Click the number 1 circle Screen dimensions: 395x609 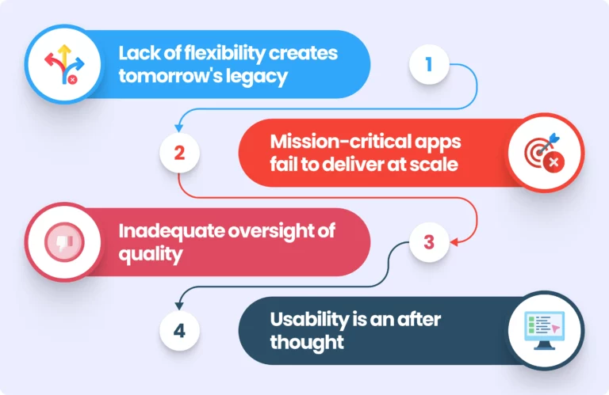[x=429, y=65]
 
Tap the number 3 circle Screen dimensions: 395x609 [x=429, y=242]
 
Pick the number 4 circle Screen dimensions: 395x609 [x=179, y=330]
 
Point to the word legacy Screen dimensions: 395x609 [x=262, y=78]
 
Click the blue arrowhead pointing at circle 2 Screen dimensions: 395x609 [x=179, y=126]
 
